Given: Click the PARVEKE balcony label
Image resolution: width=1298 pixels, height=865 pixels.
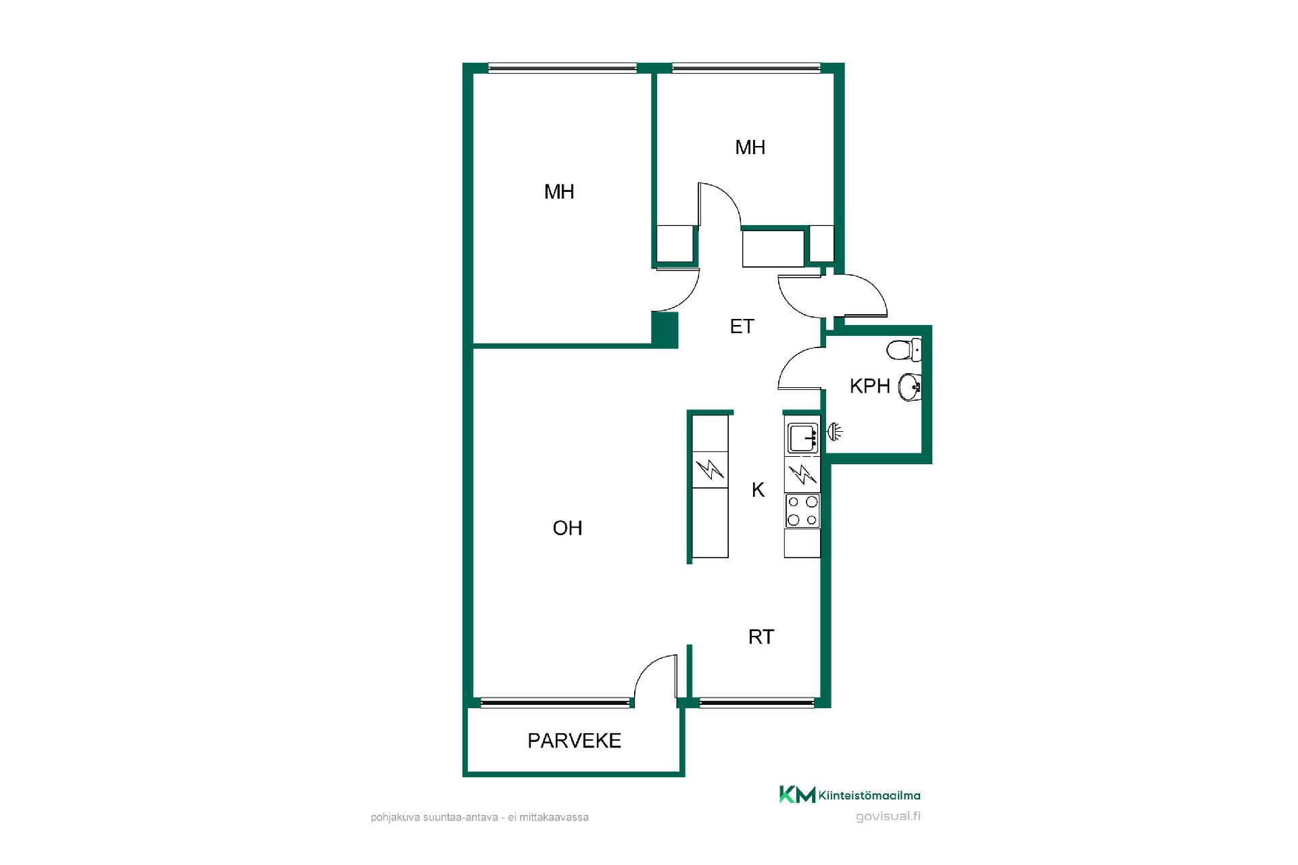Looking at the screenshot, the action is point(574,741).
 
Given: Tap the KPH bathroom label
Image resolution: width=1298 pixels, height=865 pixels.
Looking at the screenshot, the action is point(869,386).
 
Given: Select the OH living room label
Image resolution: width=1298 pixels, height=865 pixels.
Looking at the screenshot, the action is point(567,528).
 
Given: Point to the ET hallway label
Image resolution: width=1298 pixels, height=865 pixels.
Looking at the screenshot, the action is point(742,326).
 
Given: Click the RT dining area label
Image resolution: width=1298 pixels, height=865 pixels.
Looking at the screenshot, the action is point(761,637).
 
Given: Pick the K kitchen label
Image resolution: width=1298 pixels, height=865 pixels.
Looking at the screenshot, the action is point(758,490).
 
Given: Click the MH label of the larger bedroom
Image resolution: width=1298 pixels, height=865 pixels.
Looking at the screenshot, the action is point(559,192).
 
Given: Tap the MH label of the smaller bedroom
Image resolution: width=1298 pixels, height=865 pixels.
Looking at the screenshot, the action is point(750,147).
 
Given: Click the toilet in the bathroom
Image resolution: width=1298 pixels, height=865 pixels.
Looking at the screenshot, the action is point(904,350).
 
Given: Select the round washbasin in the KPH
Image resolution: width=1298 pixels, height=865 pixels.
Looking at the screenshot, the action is point(909,387).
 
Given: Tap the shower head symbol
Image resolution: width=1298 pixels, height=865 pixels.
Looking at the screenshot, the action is point(834,431).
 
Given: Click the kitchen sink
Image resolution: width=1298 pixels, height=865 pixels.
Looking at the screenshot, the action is point(802,438).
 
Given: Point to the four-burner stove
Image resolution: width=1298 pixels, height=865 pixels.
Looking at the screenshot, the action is point(802,510).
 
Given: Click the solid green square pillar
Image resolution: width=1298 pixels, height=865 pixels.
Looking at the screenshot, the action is point(665,330).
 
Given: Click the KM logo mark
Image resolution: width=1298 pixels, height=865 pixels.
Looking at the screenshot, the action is point(797,795).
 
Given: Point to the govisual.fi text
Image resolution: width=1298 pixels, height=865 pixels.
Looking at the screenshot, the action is point(888,816).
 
